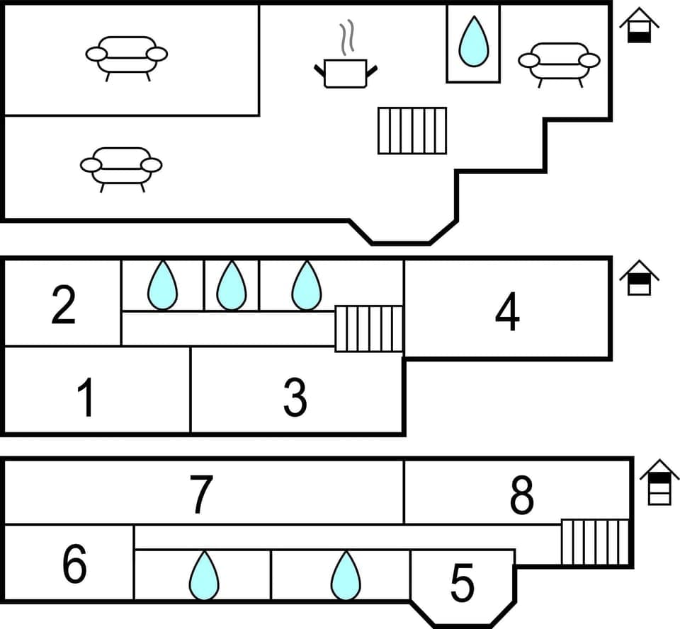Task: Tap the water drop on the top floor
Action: [x=473, y=42]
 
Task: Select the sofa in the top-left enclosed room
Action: [x=127, y=56]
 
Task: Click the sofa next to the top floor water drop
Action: [x=559, y=62]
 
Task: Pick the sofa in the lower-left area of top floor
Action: [x=121, y=167]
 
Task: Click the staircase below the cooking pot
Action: [x=412, y=130]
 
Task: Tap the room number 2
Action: [x=64, y=306]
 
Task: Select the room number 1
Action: [x=86, y=398]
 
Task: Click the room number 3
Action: [x=295, y=398]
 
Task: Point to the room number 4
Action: [x=507, y=312]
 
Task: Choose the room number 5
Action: [x=462, y=583]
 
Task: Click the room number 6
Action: [x=74, y=565]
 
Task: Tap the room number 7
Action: [x=201, y=495]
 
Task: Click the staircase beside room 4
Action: [x=368, y=328]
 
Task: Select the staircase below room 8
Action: [x=595, y=542]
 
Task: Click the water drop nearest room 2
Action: [x=163, y=286]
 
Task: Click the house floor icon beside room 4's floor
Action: [x=639, y=277]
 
